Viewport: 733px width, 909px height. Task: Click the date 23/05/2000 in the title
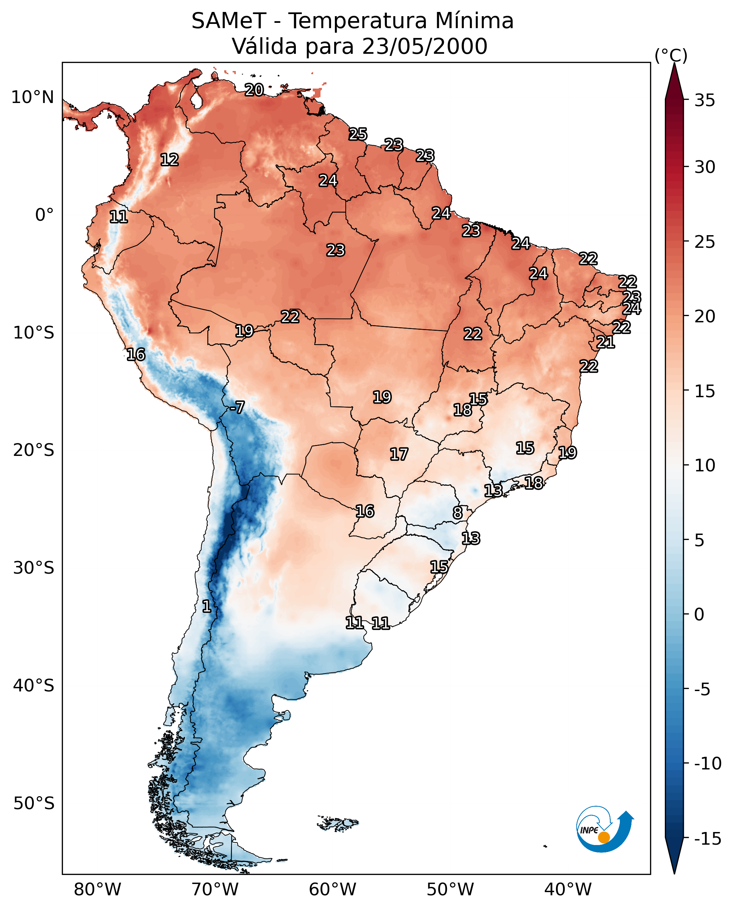424,46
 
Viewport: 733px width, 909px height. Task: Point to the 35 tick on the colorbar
705,101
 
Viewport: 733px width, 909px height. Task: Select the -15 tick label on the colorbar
707,839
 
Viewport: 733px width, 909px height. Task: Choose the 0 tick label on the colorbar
699,614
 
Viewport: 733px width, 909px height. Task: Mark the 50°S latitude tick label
34,803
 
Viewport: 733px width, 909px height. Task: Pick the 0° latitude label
44,215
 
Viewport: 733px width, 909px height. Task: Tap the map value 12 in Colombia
170,160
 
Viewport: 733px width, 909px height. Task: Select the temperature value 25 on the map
358,134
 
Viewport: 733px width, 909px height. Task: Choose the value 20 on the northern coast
254,90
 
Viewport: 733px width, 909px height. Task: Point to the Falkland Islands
338,823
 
